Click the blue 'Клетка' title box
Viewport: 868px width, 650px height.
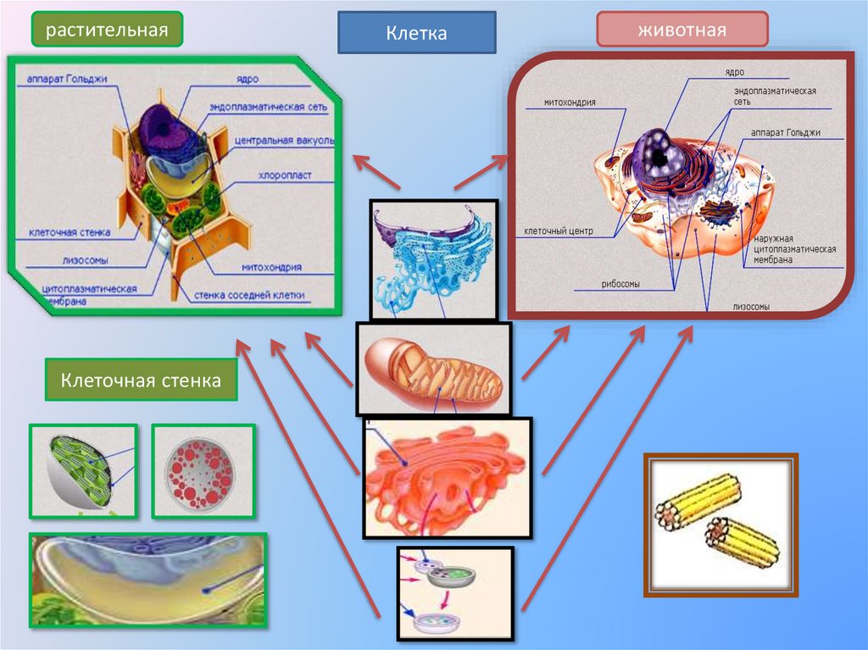click(416, 33)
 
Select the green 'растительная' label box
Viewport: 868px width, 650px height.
click(108, 31)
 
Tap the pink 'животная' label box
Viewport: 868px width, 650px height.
click(682, 31)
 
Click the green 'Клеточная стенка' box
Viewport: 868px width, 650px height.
click(141, 381)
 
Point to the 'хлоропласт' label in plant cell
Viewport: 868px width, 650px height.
click(285, 177)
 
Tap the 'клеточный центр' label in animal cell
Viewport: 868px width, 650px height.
click(559, 231)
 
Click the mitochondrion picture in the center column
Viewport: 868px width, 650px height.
click(434, 369)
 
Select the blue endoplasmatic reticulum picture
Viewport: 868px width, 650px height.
click(433, 258)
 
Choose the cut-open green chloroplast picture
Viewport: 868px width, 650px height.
click(83, 471)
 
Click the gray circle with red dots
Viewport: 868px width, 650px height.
click(202, 471)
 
